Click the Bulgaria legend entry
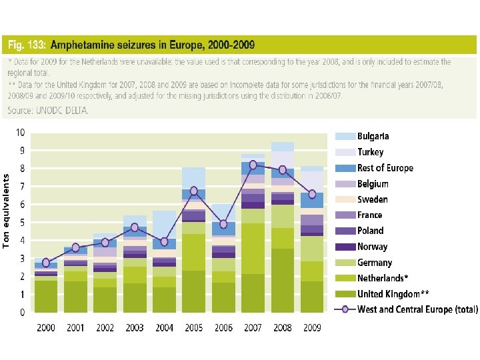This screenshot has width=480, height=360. pos(373,136)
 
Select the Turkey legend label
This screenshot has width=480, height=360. pos(370,152)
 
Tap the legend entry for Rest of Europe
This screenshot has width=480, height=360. pos(385,168)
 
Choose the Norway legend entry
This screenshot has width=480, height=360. pos(372,247)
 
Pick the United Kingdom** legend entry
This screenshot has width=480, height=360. pos(393,294)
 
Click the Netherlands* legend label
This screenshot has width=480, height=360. pos(383,278)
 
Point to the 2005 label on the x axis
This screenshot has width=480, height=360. pos(193,327)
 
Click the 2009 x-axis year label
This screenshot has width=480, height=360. pos(313,327)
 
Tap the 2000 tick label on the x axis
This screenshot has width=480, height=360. pos(46,327)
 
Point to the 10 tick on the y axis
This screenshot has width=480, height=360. pos(21,133)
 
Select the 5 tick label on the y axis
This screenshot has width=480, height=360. pos(23,223)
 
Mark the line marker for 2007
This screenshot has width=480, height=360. pos(253,165)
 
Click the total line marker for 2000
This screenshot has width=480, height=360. pos(46,263)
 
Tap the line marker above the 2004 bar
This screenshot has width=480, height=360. pos(163,241)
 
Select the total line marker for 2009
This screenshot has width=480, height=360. pos(313,195)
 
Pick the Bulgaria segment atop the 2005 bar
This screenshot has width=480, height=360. pos(193,178)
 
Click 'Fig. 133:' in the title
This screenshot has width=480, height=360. pos(27,45)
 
